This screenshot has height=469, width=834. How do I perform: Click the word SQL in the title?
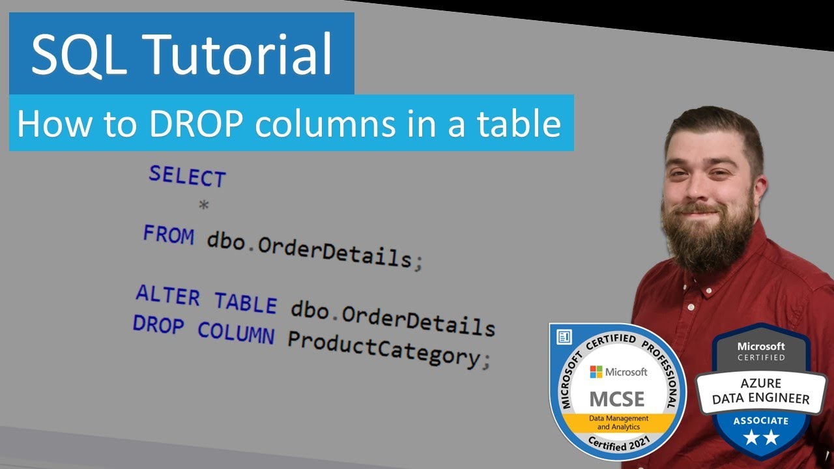point(81,55)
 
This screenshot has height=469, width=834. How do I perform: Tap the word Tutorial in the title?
point(240,55)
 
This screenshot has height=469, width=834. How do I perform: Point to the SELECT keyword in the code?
point(187,176)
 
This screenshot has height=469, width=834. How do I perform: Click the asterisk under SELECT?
point(204,206)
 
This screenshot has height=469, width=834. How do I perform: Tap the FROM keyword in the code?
point(169,234)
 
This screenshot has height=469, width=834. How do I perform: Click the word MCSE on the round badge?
point(616,398)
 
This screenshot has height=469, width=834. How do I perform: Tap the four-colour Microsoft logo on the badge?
point(596,372)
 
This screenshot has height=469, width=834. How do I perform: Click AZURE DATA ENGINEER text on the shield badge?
point(760,391)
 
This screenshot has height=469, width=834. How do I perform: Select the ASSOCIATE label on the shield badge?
point(760,421)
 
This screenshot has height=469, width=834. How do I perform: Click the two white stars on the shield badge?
point(760,438)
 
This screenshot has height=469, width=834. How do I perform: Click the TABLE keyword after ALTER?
point(246,303)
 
